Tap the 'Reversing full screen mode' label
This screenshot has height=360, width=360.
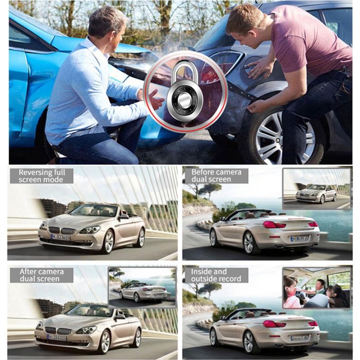41,176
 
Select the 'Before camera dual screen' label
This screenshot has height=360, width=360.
216,175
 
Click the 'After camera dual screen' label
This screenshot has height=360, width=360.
41,275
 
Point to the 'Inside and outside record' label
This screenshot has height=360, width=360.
216,275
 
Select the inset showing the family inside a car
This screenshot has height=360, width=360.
317,288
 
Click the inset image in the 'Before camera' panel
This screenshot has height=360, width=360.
317,189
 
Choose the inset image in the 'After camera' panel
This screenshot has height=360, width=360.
142,288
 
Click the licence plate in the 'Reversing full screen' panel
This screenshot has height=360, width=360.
61,238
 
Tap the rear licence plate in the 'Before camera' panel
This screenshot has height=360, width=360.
300,239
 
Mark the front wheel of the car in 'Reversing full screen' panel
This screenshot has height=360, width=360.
108,242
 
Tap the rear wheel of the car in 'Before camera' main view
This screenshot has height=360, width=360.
250,243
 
